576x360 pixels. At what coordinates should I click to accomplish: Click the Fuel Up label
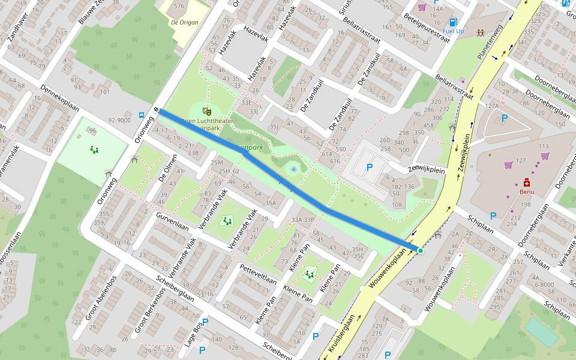tap(453, 31)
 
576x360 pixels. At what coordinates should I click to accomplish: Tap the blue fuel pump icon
tap(453, 22)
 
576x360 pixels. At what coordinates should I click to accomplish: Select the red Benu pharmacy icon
tap(527, 182)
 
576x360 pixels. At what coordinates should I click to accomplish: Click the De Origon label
tap(184, 23)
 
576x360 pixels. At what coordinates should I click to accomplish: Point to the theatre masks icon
tap(206, 110)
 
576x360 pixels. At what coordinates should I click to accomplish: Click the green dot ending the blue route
tap(421, 250)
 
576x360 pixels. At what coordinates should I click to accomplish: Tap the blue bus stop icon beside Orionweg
tap(141, 115)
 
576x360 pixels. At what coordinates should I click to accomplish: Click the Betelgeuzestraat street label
tap(427, 28)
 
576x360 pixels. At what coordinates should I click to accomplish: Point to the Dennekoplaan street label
tap(59, 98)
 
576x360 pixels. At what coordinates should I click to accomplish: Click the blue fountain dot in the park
tap(293, 170)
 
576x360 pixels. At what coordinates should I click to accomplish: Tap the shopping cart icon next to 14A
tap(422, 7)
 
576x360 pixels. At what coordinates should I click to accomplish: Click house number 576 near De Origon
tap(179, 6)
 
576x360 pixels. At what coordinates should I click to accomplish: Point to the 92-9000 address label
tap(119, 120)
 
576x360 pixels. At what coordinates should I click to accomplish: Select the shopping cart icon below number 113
tap(545, 156)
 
